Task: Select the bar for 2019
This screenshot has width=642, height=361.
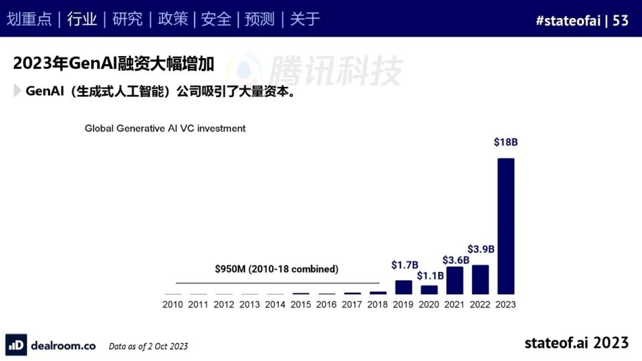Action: [403, 287]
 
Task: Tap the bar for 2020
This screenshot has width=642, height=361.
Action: [429, 289]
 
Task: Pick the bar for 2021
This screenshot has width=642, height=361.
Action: [455, 280]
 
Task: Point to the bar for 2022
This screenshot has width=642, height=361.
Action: [480, 279]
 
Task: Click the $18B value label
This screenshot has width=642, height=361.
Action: [506, 142]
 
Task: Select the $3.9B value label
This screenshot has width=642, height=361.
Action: [480, 249]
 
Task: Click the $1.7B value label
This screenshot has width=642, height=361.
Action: [405, 265]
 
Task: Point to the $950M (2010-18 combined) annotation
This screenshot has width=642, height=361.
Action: [277, 269]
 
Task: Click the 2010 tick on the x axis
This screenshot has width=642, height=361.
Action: [173, 305]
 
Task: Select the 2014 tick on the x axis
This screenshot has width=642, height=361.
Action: [275, 305]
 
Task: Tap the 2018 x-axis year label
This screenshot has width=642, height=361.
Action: [378, 305]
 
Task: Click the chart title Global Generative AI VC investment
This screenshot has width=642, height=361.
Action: [165, 128]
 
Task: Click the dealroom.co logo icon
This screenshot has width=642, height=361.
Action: [17, 345]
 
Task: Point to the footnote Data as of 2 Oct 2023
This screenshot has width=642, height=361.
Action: [148, 346]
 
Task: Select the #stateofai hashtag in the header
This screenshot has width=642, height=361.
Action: [567, 20]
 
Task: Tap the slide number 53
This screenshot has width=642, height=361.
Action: [621, 20]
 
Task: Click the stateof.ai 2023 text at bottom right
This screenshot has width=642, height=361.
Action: [576, 342]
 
